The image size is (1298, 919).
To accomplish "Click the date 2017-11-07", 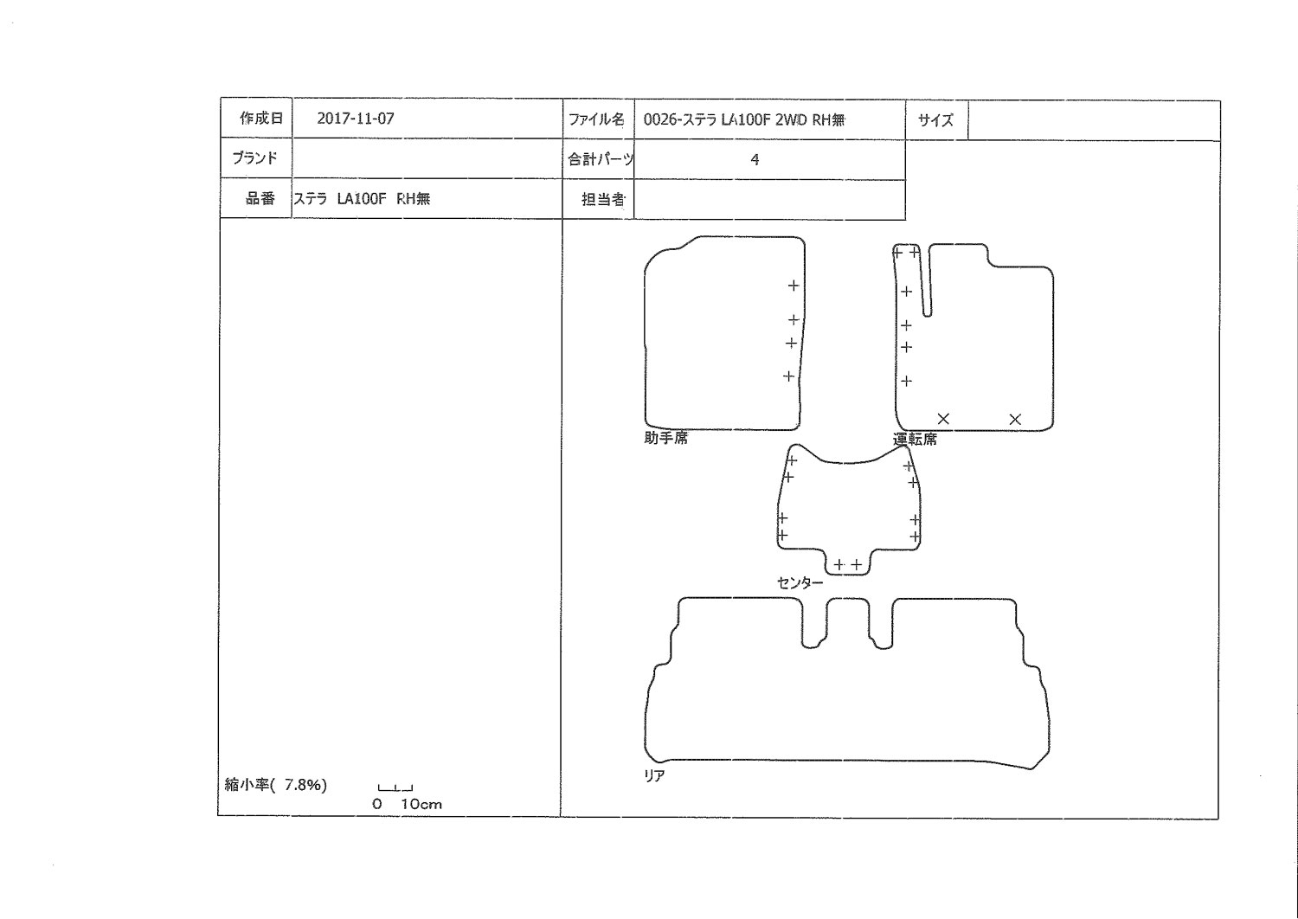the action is (355, 119).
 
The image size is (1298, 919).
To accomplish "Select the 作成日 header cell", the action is (255, 119).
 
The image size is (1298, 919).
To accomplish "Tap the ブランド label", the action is (255, 157).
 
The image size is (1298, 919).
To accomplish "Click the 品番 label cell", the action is (255, 198).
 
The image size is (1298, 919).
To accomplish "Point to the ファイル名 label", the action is (596, 119).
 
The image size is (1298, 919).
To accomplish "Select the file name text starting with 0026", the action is (744, 120).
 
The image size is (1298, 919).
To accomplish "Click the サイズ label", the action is (935, 120).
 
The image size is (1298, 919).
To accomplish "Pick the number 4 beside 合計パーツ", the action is (755, 159).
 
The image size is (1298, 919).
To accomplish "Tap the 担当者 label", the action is (603, 199).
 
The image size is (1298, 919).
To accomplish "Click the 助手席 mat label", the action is (665, 438).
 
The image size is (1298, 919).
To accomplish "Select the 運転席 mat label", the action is (915, 440).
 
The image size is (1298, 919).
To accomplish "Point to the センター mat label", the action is (800, 583).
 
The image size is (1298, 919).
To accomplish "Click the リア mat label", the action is (654, 775).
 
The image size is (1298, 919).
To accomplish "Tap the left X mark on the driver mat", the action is (943, 418).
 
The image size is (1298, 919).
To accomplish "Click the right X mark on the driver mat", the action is (1015, 419).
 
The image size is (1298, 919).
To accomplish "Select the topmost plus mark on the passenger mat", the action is (794, 285).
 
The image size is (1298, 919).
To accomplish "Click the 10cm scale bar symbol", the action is (395, 788).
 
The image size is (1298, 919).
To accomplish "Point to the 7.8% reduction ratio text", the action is (305, 785).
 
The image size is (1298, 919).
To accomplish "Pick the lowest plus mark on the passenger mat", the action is (788, 376).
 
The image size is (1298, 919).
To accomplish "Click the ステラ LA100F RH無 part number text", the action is (363, 199).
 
